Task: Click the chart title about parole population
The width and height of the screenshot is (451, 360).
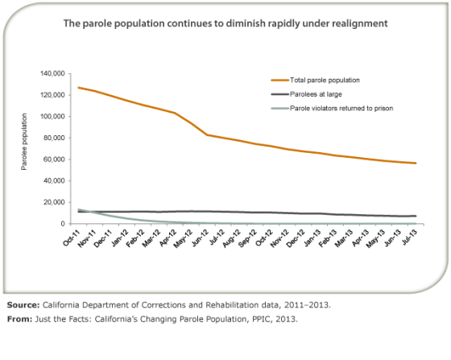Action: (225, 24)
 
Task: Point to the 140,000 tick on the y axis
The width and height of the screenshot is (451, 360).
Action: (50, 73)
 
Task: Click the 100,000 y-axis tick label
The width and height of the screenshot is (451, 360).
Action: (50, 116)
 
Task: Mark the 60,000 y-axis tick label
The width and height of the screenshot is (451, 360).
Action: (52, 159)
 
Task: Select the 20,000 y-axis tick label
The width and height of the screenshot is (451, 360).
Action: (52, 202)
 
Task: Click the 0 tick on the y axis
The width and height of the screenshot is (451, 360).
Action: (61, 224)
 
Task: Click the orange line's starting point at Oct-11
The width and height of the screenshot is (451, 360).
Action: (79, 87)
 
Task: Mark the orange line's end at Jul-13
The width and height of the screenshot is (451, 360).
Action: (416, 163)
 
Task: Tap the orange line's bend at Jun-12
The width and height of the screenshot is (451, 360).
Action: (208, 134)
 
